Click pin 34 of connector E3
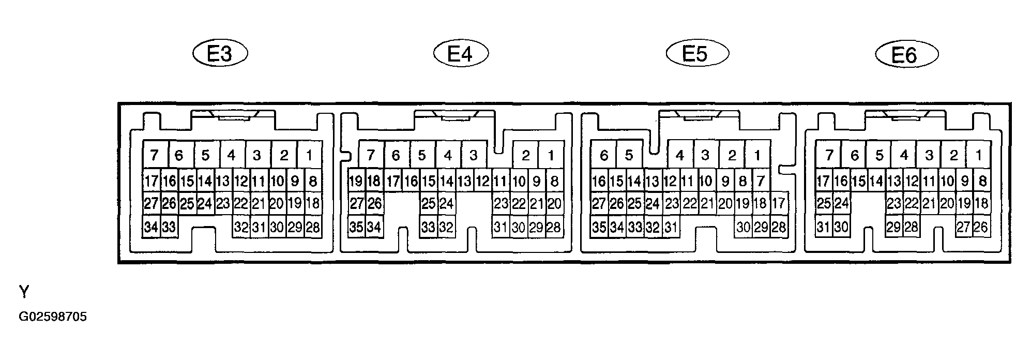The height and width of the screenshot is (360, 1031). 151,227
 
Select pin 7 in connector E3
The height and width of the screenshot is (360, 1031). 154,154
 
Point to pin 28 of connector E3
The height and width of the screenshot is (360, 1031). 313,227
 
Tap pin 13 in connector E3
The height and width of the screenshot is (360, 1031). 223,181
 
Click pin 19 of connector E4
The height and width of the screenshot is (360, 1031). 356,181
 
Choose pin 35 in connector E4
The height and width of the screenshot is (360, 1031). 356,227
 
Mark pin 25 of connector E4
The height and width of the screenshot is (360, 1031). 428,203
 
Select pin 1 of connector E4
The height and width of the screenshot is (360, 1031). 551,154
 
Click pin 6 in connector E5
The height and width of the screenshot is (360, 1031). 604,154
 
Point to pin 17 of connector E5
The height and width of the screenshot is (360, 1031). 779,203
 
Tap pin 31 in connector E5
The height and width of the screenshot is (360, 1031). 671,227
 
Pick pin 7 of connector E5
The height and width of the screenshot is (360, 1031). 760,181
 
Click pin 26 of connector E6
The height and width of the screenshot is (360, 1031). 982,227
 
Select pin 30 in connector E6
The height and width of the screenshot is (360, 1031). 841,227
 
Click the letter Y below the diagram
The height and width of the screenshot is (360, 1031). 24,293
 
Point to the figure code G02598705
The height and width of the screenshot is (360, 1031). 53,317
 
